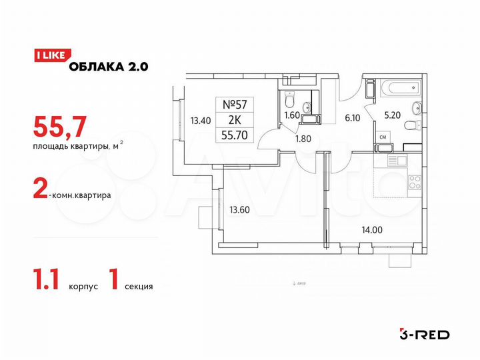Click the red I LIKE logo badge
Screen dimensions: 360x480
48,57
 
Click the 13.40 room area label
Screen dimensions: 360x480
201,121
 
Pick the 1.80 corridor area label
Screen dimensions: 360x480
303,140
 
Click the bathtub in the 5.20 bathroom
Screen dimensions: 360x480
397,86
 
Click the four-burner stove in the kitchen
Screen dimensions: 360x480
413,181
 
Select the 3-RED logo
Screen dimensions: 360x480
423,333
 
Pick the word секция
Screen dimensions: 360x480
138,287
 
